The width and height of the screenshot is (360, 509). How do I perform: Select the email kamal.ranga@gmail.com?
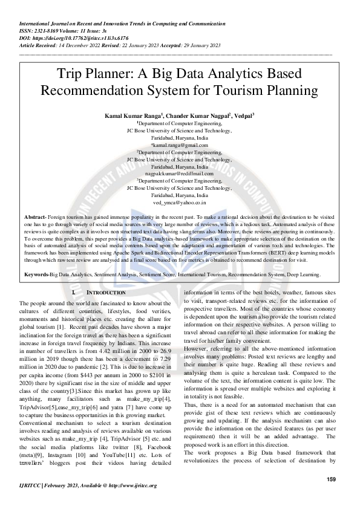tap(180, 145)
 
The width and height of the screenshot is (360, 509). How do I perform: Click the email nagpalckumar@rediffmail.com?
tap(180, 173)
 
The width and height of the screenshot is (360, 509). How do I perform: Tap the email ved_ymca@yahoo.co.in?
tap(180, 203)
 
